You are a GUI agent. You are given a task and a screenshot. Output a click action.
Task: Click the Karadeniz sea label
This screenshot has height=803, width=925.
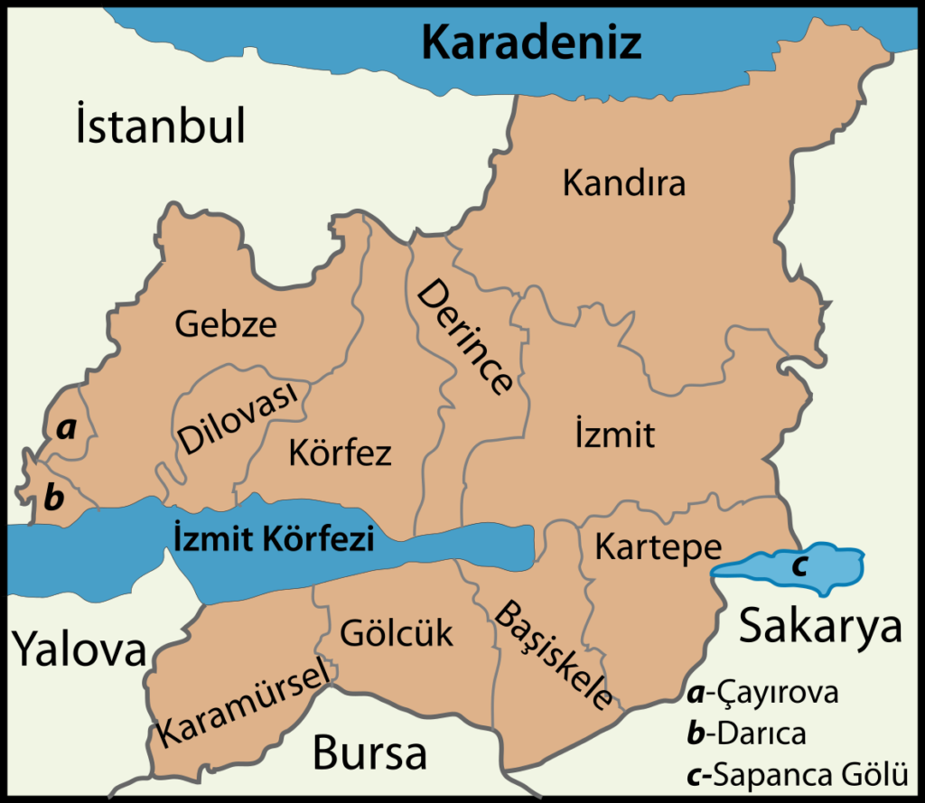tap(533, 41)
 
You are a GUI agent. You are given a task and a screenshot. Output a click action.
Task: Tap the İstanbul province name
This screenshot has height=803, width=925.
tap(161, 127)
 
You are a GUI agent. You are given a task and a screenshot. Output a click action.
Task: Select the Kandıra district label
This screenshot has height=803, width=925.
tap(624, 183)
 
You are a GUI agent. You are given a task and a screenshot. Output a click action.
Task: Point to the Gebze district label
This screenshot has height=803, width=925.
tap(226, 323)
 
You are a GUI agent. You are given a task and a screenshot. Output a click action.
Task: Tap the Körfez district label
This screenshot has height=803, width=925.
tap(340, 452)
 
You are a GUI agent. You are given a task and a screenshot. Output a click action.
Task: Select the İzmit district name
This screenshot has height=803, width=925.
tap(614, 435)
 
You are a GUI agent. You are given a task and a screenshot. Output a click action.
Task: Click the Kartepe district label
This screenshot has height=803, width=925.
tap(659, 546)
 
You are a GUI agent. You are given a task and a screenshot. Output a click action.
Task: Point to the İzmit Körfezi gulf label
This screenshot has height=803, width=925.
tap(272, 539)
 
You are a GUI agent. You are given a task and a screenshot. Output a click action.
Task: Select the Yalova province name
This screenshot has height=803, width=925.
tap(79, 649)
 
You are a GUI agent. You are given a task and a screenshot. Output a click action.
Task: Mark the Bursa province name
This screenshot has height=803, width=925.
tap(369, 752)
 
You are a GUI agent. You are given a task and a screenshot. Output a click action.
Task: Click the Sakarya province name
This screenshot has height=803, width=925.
tap(820, 626)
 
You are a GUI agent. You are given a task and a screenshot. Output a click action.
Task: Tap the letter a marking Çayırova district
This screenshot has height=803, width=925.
tap(65, 429)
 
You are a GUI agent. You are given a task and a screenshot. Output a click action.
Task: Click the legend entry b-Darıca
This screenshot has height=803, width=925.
tap(745, 733)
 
